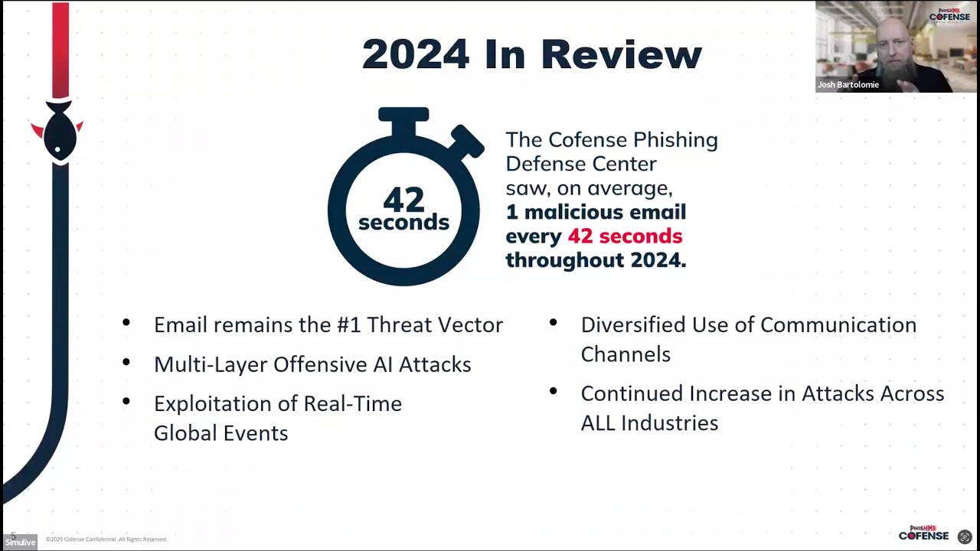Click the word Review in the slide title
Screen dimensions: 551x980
(621, 54)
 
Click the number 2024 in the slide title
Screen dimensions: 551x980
(415, 54)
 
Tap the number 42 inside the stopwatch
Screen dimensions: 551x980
(403, 200)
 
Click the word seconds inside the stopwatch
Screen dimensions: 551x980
(403, 222)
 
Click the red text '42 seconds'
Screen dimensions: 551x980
(625, 236)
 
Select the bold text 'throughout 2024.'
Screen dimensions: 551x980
(596, 259)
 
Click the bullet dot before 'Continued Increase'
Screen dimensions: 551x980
(554, 391)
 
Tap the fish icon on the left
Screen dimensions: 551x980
(58, 132)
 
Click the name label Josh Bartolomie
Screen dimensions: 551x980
(848, 85)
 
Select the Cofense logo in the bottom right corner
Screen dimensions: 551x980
(923, 533)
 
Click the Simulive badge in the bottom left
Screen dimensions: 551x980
(20, 542)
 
